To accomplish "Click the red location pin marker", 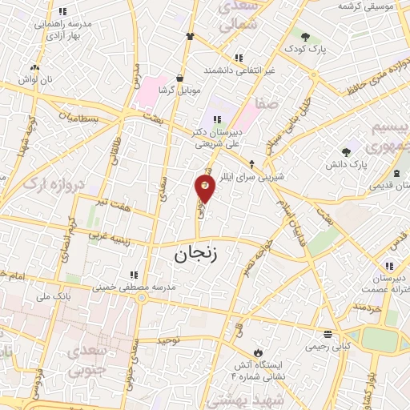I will click(205, 187).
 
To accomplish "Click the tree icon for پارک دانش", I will click(346, 152).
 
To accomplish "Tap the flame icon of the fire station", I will click(258, 352).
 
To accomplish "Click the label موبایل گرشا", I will click(178, 90).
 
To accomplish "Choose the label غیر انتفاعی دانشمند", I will click(238, 70).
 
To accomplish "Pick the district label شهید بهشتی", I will click(258, 398).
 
